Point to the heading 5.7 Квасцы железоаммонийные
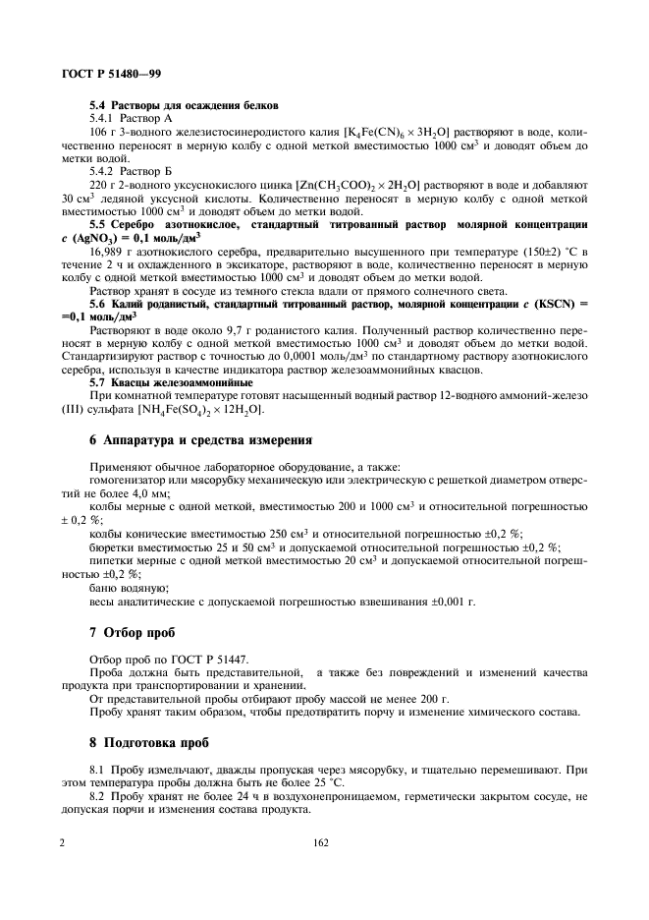pos(171,381)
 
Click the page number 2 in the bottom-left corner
pos(62,842)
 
